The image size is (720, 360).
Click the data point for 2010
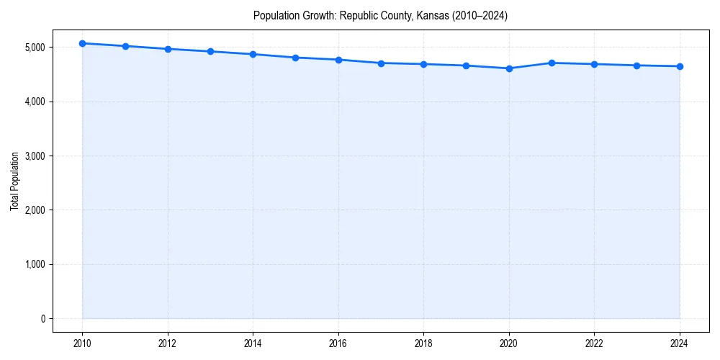[x=82, y=43]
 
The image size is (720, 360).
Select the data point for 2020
[x=509, y=68]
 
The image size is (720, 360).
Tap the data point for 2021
[x=552, y=63]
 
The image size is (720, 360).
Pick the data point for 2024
[x=680, y=66]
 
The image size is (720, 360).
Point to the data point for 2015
[x=296, y=58]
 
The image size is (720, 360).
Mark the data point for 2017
[x=381, y=63]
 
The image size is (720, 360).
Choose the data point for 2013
[x=210, y=51]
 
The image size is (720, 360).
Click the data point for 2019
[x=467, y=66]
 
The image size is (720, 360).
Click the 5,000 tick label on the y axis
[x=33, y=48]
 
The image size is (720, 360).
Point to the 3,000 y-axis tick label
[x=33, y=156]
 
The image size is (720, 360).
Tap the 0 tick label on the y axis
[x=42, y=319]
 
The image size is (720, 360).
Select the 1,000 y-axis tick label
[x=33, y=265]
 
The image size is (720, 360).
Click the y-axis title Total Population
[x=14, y=181]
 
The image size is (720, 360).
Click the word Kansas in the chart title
[x=432, y=15]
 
